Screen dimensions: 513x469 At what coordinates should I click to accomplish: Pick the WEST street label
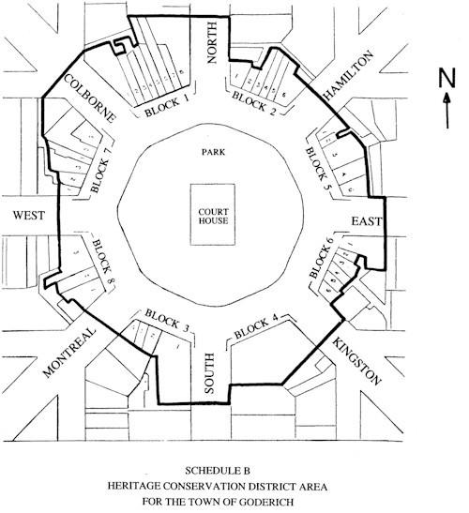pos(30,217)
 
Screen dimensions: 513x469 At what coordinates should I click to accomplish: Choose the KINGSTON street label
pos(356,363)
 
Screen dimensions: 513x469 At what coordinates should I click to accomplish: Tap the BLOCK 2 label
pos(254,101)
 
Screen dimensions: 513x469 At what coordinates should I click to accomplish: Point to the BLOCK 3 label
pos(165,319)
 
